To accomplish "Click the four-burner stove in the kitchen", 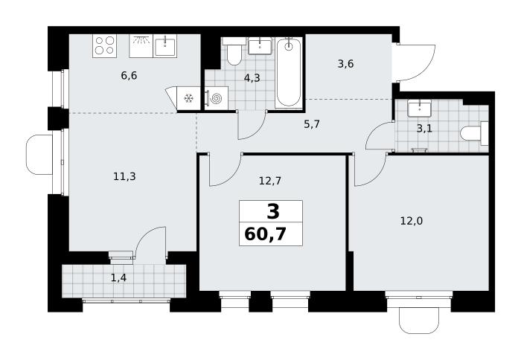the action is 105,46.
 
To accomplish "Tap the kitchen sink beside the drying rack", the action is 164,46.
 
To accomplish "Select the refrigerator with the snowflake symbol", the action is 189,98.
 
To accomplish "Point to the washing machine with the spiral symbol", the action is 216,98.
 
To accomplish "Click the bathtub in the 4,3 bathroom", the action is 289,72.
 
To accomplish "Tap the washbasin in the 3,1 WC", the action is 419,109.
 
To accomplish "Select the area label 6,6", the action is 129,76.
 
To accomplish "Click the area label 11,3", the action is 124,177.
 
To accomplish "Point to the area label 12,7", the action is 270,181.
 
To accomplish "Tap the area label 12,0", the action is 412,221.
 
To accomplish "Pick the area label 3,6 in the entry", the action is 345,63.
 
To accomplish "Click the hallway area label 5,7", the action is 312,124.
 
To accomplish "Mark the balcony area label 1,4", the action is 118,277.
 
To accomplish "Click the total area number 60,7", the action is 265,234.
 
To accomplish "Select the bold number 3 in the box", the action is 273,211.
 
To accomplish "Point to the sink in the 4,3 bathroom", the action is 260,46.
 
